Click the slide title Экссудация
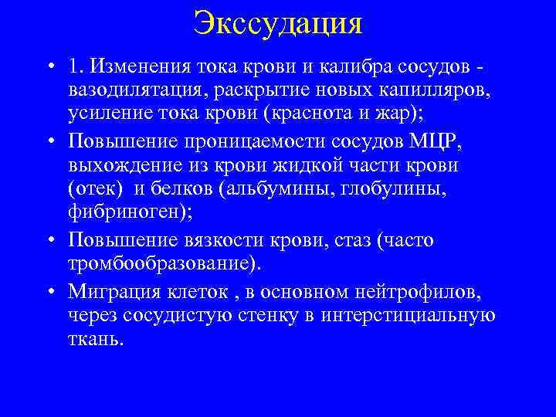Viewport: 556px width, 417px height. (x=278, y=22)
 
